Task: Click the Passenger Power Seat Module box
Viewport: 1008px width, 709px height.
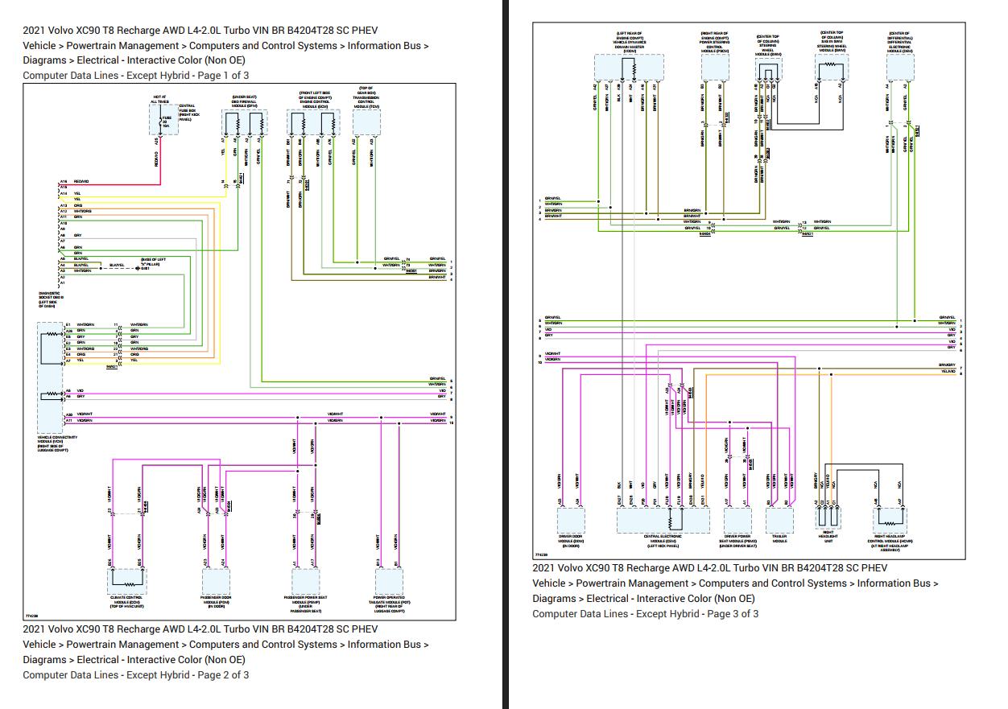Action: [x=305, y=579]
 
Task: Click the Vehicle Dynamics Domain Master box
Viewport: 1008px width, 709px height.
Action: [x=629, y=68]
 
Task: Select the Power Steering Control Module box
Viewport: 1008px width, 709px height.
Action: [x=714, y=68]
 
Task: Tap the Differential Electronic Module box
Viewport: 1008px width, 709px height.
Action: [x=899, y=68]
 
